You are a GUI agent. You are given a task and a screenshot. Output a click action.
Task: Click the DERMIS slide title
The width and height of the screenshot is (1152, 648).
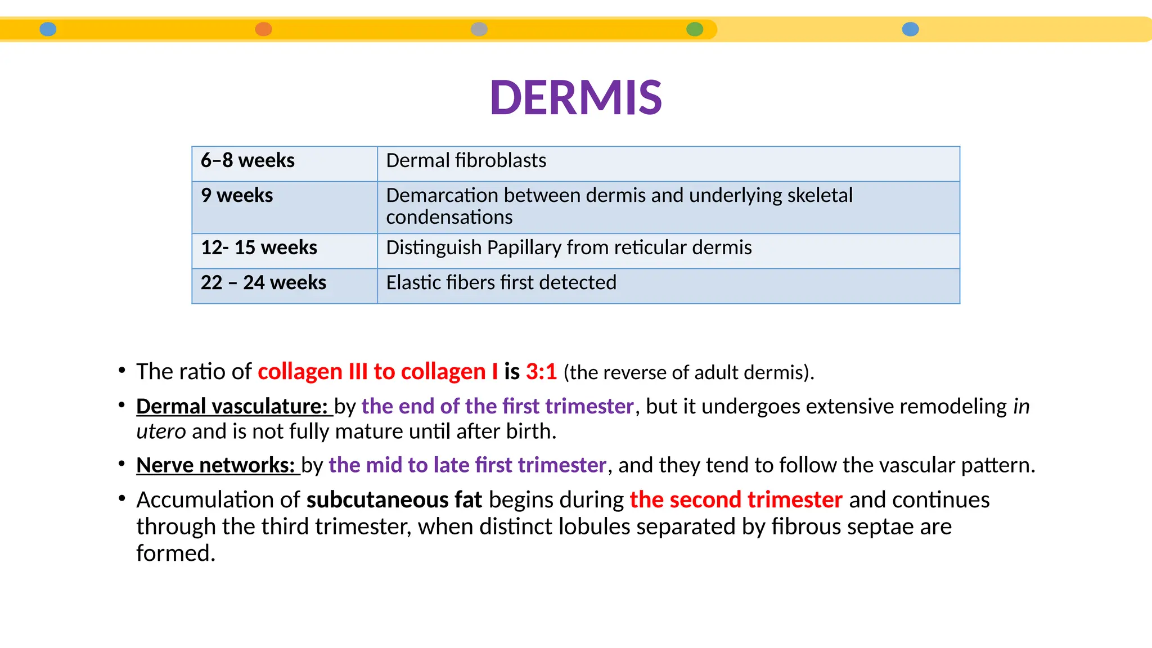tap(575, 97)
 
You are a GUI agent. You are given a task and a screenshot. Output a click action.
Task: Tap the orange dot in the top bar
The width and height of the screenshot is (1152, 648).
tap(263, 29)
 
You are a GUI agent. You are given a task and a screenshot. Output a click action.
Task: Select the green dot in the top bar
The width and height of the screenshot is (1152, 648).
tap(695, 29)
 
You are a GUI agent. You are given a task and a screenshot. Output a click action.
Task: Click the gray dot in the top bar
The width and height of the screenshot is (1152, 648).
tap(479, 29)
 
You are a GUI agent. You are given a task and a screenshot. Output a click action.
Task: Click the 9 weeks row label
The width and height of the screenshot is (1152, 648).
tap(237, 196)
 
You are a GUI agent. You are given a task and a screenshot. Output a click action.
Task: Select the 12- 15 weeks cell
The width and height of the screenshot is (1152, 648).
tap(259, 248)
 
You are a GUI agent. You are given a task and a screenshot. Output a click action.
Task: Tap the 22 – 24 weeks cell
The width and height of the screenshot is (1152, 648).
tap(263, 283)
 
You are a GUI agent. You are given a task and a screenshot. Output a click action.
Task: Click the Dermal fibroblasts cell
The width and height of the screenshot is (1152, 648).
tap(466, 161)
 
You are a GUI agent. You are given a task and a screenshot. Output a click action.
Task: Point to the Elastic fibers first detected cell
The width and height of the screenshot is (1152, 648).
tap(501, 283)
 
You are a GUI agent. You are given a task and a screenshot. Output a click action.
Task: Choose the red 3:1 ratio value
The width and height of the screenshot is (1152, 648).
tap(541, 372)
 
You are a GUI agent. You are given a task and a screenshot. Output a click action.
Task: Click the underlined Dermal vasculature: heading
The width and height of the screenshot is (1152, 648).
tap(232, 407)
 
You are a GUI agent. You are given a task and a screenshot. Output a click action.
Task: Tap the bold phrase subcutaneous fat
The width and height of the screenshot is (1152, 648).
tap(394, 500)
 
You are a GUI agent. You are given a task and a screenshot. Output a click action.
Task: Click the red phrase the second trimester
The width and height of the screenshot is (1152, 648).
tap(736, 500)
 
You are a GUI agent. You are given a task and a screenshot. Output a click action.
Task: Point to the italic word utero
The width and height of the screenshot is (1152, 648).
tap(161, 432)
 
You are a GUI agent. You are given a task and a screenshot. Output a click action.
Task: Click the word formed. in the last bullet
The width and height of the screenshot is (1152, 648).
tap(175, 553)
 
